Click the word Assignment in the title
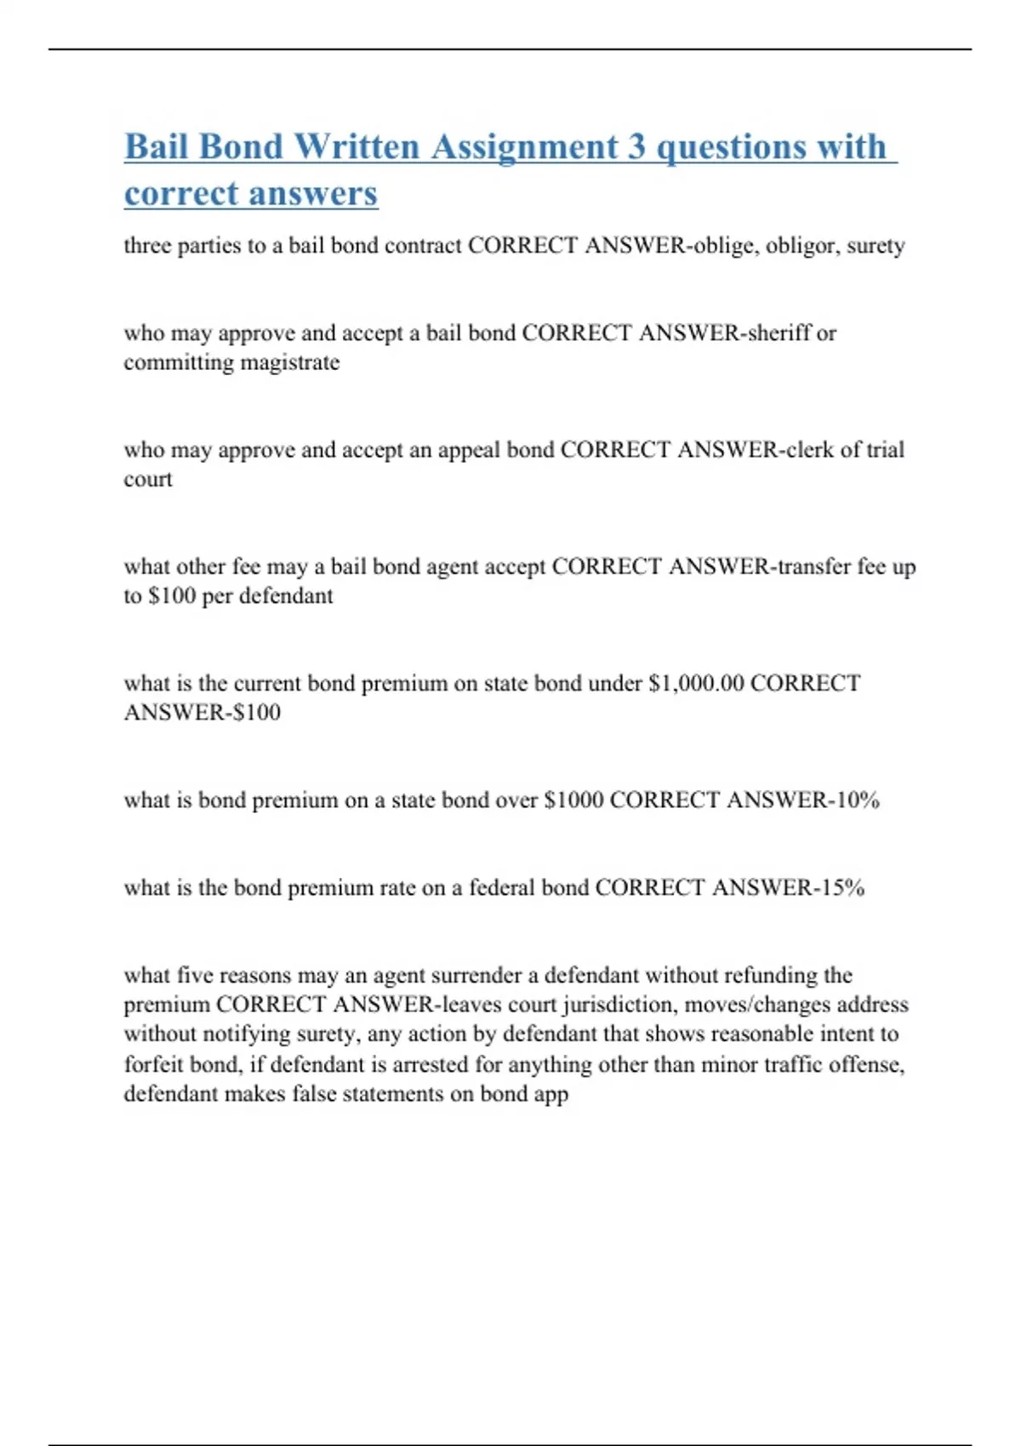[x=525, y=146]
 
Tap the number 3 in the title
[x=636, y=146]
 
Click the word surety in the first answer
[x=876, y=246]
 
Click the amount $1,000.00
[x=696, y=683]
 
